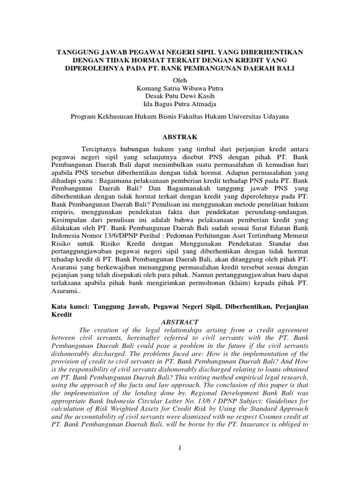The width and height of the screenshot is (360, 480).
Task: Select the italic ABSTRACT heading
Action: point(180,322)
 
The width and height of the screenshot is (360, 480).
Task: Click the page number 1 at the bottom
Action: point(180,449)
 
